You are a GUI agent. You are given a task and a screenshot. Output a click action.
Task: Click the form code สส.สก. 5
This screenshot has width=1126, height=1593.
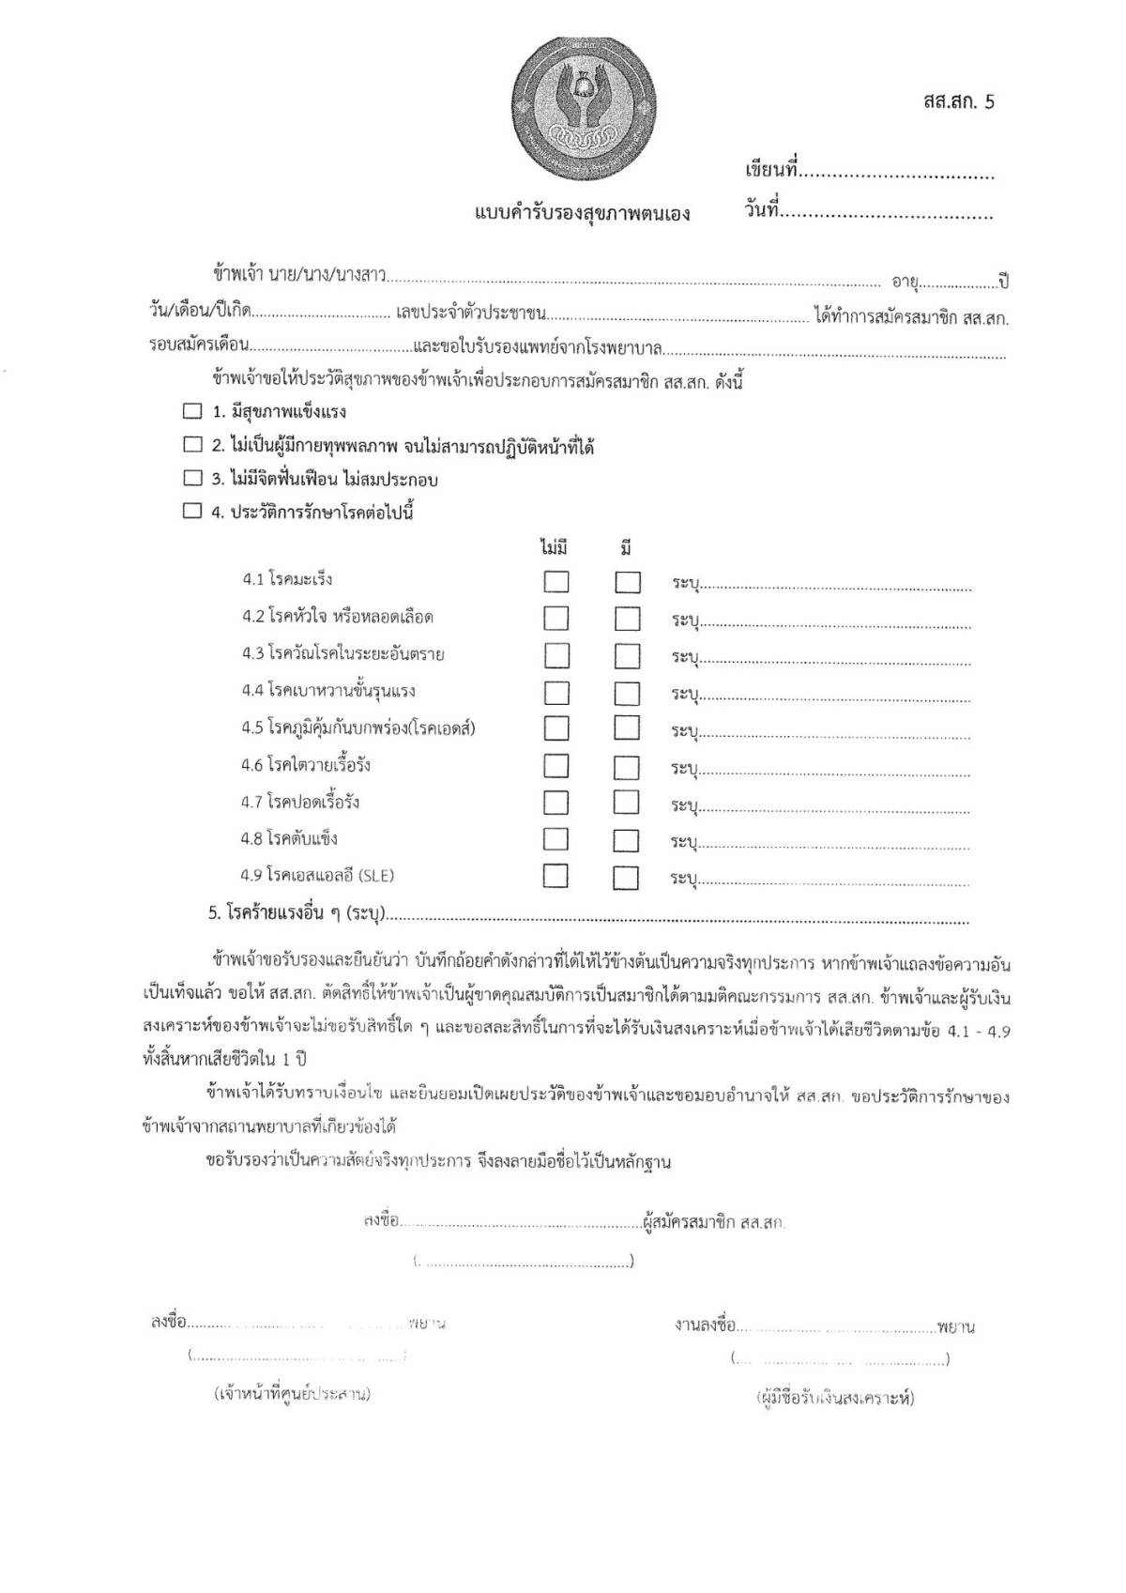coord(957,102)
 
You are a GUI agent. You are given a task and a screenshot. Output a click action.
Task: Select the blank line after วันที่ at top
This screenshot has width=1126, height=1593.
coord(888,214)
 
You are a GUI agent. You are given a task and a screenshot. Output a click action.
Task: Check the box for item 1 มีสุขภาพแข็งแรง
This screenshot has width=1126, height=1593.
coord(192,411)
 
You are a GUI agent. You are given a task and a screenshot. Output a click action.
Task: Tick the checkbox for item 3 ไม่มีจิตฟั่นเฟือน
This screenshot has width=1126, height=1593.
coord(192,479)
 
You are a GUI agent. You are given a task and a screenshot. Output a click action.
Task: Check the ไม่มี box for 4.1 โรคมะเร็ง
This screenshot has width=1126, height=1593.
coord(556,582)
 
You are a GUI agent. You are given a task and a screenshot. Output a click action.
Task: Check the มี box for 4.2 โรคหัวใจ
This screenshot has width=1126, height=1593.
coord(628,619)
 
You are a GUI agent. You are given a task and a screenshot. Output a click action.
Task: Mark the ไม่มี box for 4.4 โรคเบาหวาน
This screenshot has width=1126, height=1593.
coord(556,693)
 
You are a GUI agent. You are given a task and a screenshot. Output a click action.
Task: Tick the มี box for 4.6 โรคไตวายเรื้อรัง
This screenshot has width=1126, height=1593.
coord(627,767)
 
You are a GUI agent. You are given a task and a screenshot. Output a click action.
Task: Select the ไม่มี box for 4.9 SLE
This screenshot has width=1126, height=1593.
coord(556,877)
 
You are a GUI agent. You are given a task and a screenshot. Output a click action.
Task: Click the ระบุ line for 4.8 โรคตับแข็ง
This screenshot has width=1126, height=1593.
coord(835,842)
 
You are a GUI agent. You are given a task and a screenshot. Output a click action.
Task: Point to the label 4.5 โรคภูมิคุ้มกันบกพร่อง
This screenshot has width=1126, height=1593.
coord(358,728)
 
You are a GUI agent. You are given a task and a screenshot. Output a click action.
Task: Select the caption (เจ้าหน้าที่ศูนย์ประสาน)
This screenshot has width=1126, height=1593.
coord(292,1394)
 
